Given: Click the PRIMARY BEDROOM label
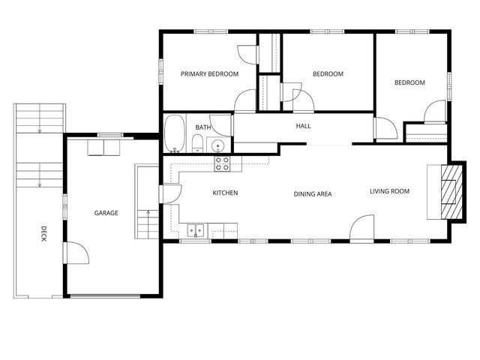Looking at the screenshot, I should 209,73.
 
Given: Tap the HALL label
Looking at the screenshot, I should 303,126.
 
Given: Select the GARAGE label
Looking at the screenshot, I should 106,213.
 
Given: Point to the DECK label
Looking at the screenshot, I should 44,234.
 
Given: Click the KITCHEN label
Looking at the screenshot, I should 225,193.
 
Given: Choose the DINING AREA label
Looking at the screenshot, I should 312,193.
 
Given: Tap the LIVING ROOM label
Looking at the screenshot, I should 389,191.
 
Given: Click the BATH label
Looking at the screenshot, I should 203,127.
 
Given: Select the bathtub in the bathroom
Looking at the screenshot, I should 175,133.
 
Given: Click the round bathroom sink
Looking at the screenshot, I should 217,146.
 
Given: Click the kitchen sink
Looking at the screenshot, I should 196,230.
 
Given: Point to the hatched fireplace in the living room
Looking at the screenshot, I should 449,190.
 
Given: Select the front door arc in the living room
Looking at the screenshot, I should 362,228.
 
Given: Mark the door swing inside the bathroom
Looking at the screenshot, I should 222,124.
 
